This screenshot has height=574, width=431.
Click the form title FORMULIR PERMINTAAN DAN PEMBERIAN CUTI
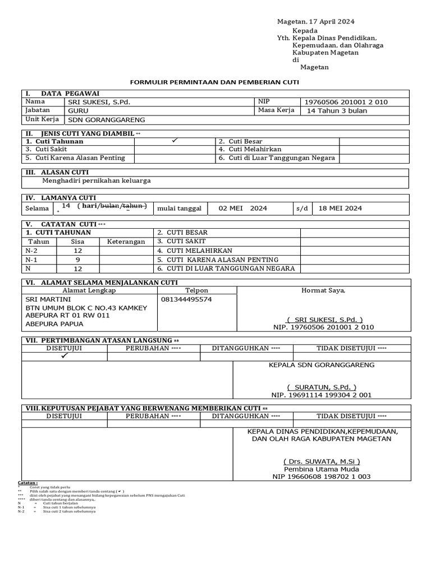(x=215, y=82)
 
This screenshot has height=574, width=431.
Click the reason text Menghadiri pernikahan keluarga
(x=97, y=181)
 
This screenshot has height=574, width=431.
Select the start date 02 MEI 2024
(x=242, y=209)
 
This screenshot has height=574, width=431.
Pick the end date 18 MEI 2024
(x=340, y=209)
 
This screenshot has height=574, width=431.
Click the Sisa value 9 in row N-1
(x=78, y=260)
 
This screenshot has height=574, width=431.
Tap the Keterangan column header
(x=126, y=242)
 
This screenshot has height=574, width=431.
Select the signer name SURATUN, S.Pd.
(x=322, y=387)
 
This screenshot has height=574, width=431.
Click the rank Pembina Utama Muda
(x=322, y=469)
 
